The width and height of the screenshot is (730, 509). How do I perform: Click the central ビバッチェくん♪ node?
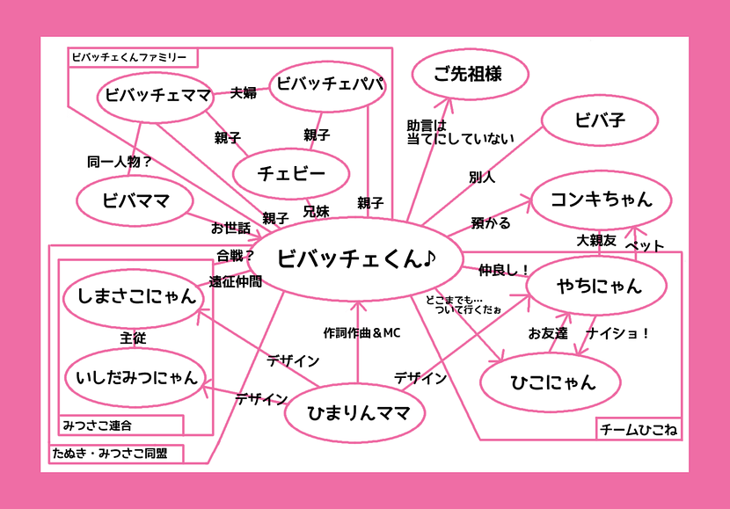(x=355, y=258)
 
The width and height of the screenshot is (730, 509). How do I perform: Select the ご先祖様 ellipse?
(x=471, y=75)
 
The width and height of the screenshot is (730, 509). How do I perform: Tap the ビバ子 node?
(x=600, y=120)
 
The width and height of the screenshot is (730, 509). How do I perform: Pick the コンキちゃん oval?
(x=602, y=200)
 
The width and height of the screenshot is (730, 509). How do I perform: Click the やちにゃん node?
(x=597, y=285)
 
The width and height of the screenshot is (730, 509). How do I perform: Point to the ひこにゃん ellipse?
(x=551, y=382)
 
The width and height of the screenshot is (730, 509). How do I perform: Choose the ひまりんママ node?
(x=355, y=412)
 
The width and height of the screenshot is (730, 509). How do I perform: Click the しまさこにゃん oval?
(x=135, y=297)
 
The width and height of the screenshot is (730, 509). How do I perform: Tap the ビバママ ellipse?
(x=135, y=201)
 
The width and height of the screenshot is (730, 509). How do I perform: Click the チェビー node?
(x=291, y=173)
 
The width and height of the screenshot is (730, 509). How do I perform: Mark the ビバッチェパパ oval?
(x=328, y=85)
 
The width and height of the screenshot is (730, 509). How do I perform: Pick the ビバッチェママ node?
(x=156, y=97)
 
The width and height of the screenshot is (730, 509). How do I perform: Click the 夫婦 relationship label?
(x=244, y=92)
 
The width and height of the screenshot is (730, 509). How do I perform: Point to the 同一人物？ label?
(x=120, y=162)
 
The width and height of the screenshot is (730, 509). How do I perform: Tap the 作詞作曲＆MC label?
(x=361, y=333)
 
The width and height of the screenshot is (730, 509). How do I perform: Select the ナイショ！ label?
(x=618, y=333)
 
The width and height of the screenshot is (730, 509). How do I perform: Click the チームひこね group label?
(x=639, y=429)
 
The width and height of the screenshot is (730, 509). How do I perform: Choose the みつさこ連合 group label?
(x=98, y=425)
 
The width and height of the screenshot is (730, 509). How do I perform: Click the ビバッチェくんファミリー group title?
(x=129, y=58)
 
